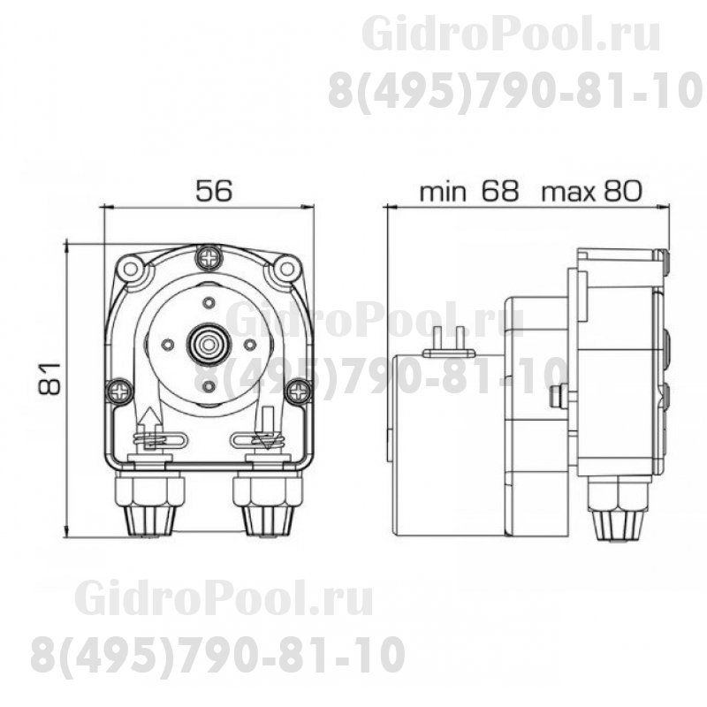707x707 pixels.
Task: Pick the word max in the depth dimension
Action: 569,191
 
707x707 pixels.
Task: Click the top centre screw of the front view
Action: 209,257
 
